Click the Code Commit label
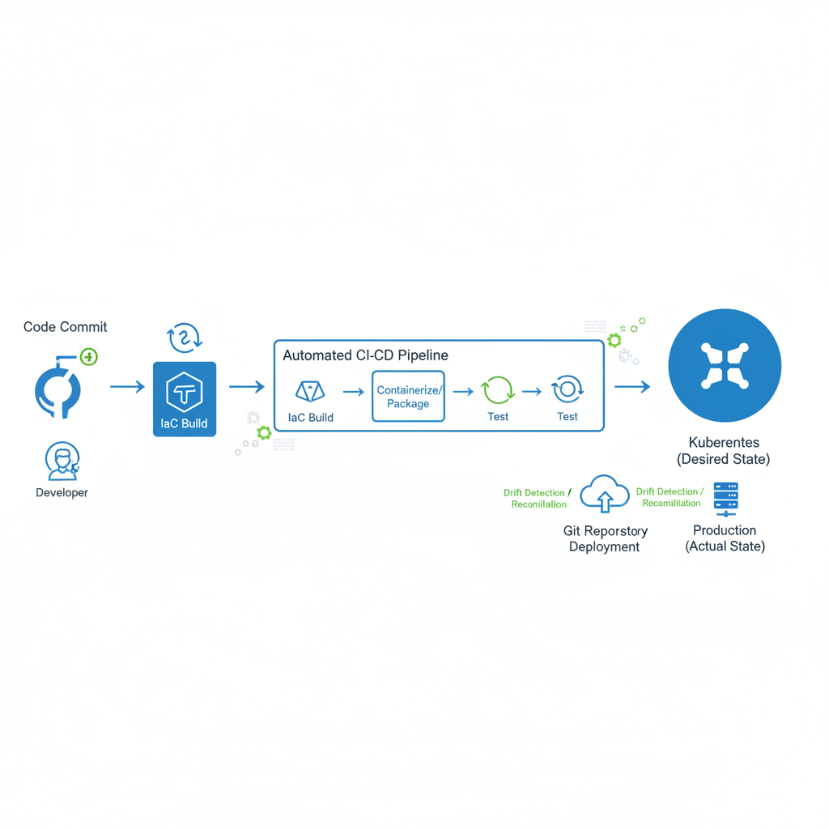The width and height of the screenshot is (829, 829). [x=65, y=327]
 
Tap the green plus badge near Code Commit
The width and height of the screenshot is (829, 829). [x=89, y=357]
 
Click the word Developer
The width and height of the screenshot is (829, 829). [x=62, y=493]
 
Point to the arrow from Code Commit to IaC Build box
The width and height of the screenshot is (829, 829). [x=127, y=387]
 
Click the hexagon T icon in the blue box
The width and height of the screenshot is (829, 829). [x=185, y=393]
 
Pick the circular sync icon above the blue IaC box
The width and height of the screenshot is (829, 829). [x=185, y=337]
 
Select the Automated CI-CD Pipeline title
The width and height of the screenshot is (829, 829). [x=365, y=355]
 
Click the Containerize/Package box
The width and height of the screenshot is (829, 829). [x=408, y=396]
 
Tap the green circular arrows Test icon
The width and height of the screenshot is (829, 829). [x=497, y=391]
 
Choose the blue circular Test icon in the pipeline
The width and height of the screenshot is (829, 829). [x=567, y=389]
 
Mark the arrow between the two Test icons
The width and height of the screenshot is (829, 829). [x=532, y=392]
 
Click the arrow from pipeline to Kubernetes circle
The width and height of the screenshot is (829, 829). [x=632, y=387]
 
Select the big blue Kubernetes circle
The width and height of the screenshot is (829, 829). [x=725, y=366]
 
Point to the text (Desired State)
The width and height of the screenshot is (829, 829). [x=723, y=459]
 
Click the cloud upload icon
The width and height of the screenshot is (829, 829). [x=604, y=494]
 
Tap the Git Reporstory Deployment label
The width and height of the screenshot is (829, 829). [x=605, y=538]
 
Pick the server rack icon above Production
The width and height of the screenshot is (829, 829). [x=725, y=500]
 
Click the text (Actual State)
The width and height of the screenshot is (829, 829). [x=725, y=546]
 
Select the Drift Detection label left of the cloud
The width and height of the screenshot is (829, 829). [x=537, y=498]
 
